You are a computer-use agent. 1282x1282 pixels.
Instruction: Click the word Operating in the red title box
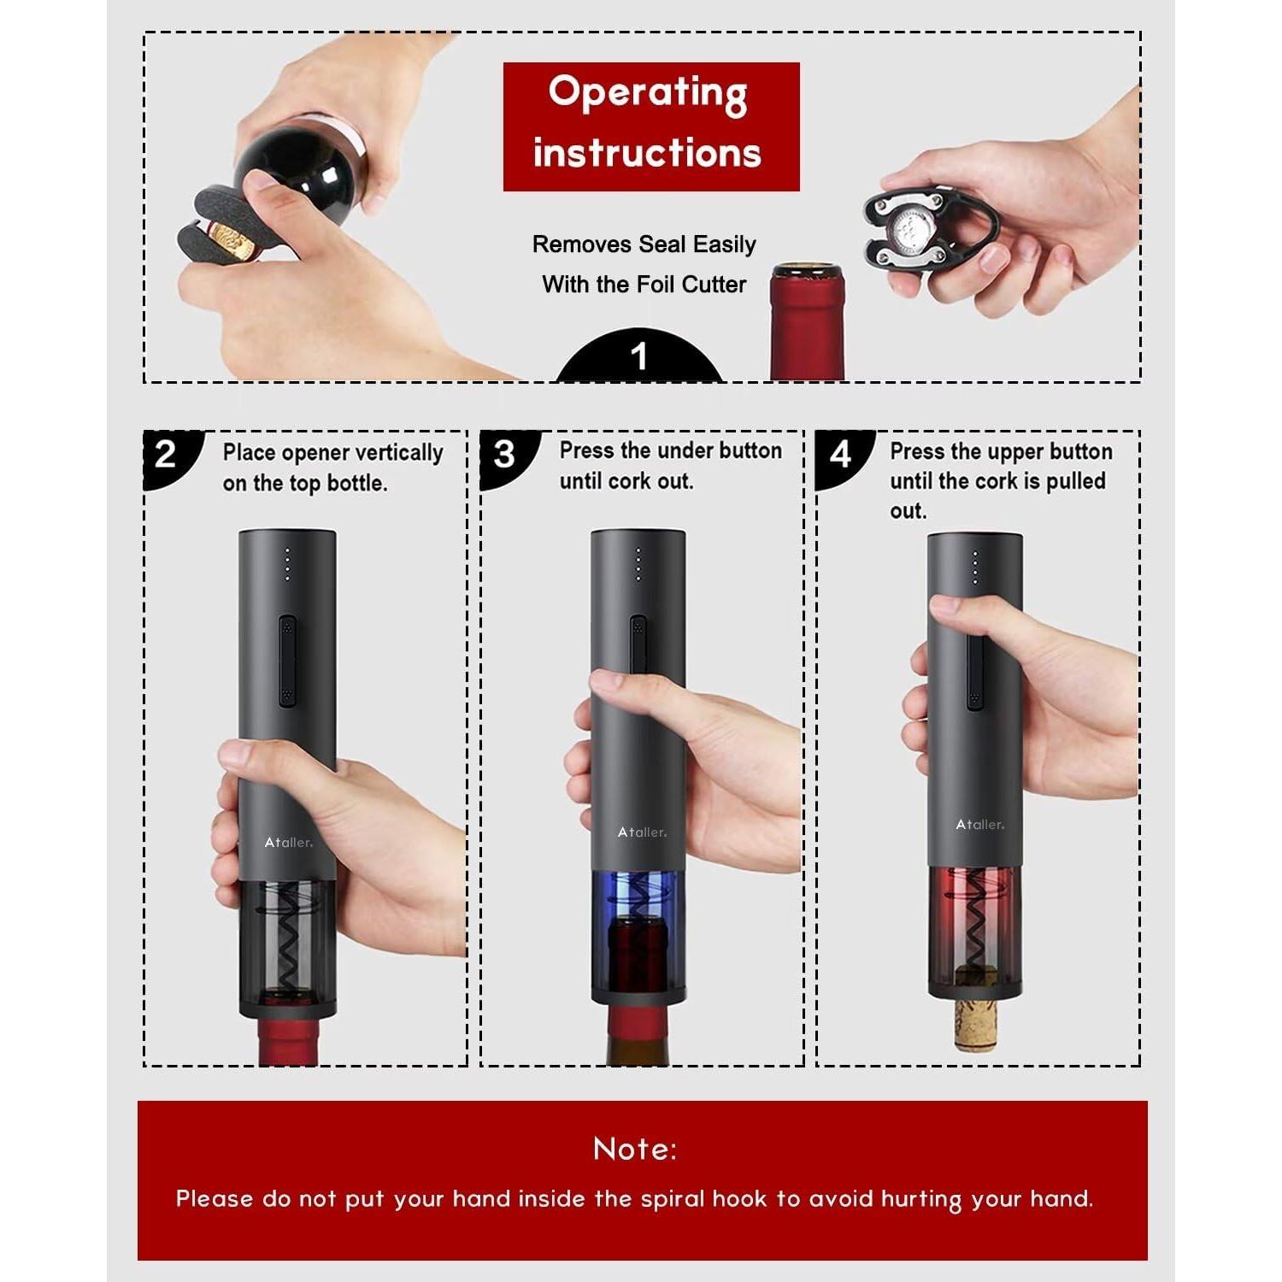coord(648,92)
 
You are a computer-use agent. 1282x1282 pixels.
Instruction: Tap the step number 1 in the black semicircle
coord(639,356)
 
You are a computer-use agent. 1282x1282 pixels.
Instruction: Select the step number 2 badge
coord(166,454)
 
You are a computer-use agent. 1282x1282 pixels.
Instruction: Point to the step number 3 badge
coord(504,454)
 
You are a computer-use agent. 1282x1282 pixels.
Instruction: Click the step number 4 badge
coord(840,454)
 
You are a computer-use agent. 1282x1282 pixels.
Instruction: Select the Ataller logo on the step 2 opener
coord(288,843)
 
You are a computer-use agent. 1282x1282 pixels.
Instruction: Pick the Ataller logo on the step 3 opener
coord(642,832)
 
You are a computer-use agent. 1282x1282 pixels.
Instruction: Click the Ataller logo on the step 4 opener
coord(979,825)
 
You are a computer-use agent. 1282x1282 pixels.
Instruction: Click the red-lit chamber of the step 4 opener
coord(975,906)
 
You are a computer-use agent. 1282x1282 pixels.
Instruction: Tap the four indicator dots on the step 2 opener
coord(287,565)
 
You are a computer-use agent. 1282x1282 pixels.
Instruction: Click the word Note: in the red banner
coord(634,1149)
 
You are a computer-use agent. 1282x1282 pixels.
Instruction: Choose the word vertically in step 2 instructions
coord(398,453)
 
